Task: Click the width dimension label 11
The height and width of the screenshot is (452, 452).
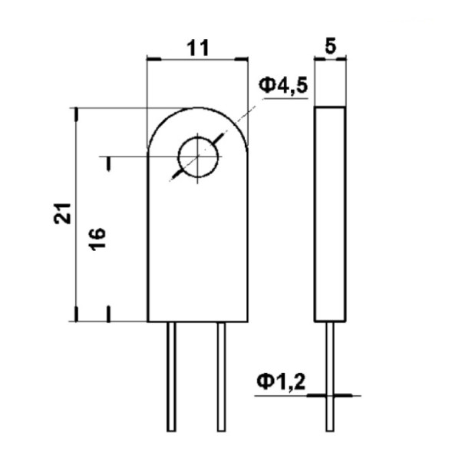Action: coord(197,48)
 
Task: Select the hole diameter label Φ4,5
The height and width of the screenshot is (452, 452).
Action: coord(282,86)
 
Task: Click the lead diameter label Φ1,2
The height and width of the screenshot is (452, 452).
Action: coord(281,381)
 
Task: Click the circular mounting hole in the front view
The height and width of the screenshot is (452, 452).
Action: coord(198,157)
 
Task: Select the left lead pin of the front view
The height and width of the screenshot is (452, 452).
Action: coord(172,376)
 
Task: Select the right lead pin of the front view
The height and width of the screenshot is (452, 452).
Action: coord(222,376)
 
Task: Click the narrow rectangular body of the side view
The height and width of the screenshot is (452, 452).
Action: coord(330,214)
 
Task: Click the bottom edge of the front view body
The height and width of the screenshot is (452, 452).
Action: coord(197,322)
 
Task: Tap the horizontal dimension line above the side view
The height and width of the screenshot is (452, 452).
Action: coord(330,58)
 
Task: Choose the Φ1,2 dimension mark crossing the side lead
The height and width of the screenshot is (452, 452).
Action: coord(330,395)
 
